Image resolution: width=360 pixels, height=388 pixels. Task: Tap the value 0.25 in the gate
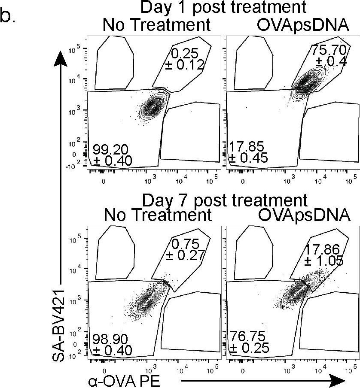coord(185,53)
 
